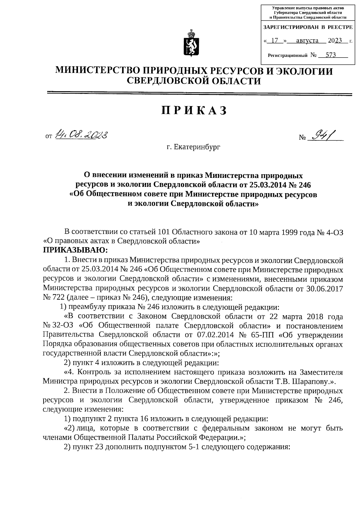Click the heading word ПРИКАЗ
tap(194, 111)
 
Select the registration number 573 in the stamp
tap(330, 55)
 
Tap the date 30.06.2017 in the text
tap(326, 289)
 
